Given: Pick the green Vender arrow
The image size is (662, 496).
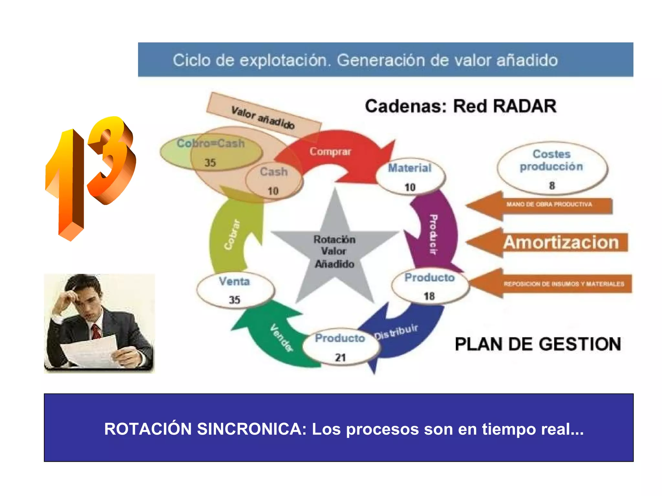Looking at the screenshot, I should pos(275,339).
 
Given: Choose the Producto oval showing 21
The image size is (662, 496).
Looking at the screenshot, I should pos(340,347).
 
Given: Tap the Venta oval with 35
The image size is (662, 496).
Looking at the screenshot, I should pos(235,290).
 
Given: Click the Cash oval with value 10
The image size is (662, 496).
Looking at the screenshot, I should pos(274,181).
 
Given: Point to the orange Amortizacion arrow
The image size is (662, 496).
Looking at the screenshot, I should pos(550,242).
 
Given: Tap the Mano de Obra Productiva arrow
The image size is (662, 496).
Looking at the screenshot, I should pos(543,205).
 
